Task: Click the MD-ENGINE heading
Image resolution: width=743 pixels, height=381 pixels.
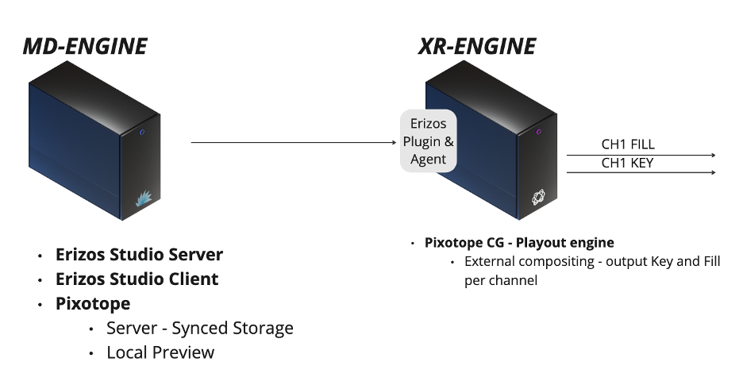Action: point(84,46)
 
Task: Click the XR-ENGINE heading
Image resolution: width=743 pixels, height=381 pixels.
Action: point(476,46)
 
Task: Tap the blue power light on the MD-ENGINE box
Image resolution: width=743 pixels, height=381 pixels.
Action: point(141,133)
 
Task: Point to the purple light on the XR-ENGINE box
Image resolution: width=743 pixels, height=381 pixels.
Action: point(539,132)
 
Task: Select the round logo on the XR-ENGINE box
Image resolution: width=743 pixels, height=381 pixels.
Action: point(539,195)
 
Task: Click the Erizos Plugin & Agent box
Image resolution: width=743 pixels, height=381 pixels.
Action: point(428,141)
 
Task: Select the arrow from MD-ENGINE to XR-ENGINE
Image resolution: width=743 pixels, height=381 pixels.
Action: point(293,143)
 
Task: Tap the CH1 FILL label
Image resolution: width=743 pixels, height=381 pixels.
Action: point(628,145)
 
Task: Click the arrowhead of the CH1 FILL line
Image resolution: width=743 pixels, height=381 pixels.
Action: point(714,156)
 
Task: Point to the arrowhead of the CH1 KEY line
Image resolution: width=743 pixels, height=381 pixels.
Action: point(714,172)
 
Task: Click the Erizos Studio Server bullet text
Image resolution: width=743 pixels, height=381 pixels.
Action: point(139,255)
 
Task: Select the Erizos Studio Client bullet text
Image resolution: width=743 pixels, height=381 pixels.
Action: point(137,279)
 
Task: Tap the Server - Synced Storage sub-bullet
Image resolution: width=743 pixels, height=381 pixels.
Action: point(199,328)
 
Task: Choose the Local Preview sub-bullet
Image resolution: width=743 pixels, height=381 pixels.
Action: point(160,352)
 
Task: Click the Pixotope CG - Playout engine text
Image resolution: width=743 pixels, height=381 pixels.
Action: point(519,243)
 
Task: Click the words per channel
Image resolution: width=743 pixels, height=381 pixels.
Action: point(501,280)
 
